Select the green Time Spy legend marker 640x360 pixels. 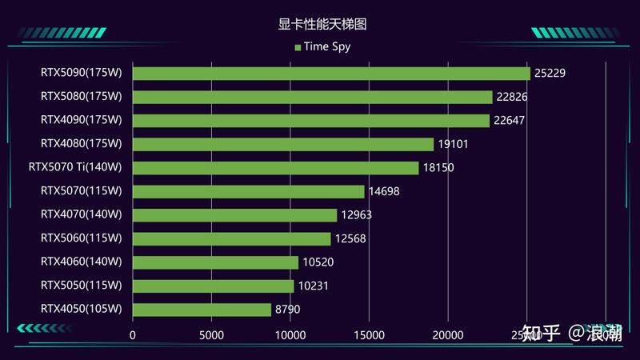[298, 46]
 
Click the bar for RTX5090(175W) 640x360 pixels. [331, 74]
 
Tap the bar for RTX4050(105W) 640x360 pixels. [202, 310]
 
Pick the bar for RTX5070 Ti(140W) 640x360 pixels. [275, 168]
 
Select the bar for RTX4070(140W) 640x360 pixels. [234, 215]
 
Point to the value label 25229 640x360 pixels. [550, 74]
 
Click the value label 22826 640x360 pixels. [512, 97]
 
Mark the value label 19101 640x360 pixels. [453, 145]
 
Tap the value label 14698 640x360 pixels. [383, 192]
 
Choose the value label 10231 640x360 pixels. [313, 286]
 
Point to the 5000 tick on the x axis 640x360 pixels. [211, 335]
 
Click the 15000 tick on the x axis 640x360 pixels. [369, 335]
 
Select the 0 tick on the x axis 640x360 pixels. [133, 335]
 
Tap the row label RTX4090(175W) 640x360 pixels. [81, 121]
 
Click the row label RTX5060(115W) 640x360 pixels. [81, 238]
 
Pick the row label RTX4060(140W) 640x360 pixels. [81, 262]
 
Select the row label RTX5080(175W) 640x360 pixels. [81, 97]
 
